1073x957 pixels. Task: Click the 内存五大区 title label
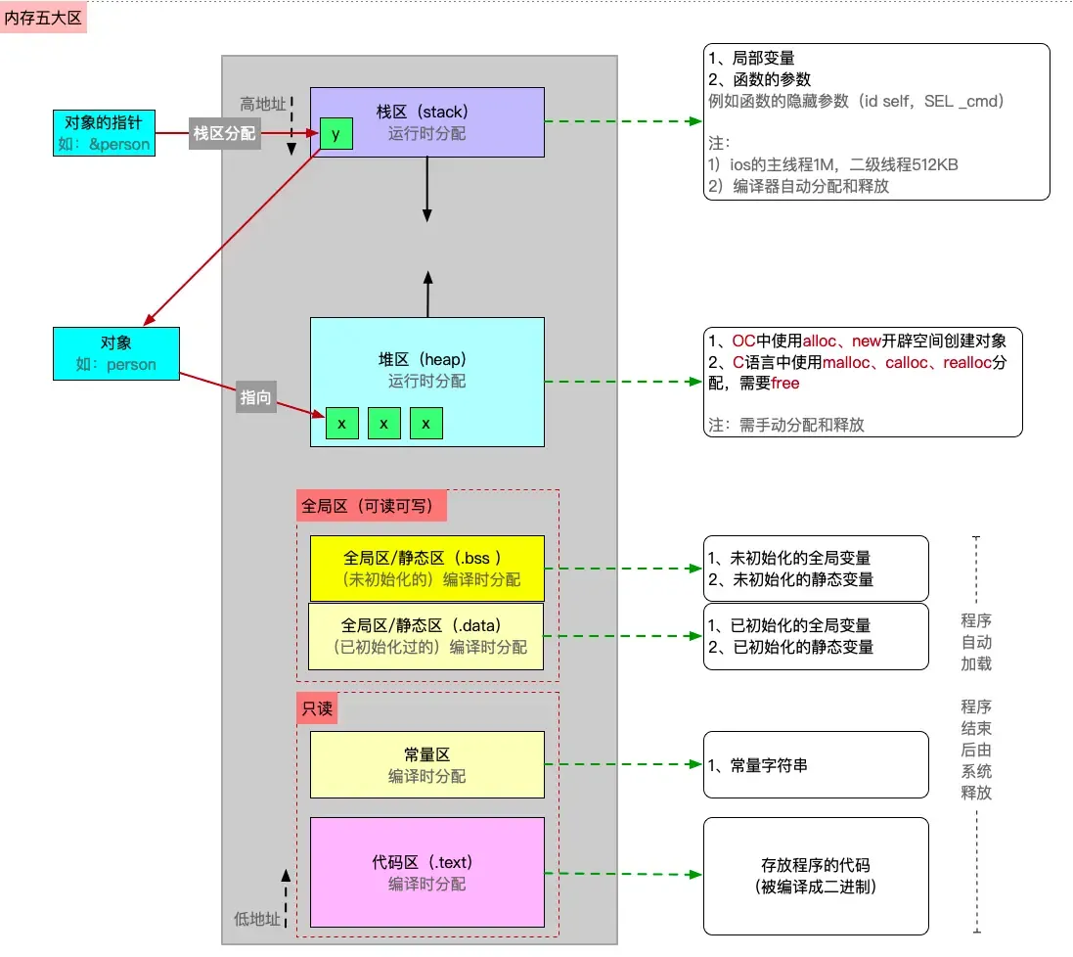tap(44, 17)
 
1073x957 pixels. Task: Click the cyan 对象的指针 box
tap(103, 133)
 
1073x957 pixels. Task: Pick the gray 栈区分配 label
tap(224, 133)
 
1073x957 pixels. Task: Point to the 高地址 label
tap(262, 104)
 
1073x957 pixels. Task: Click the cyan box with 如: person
tap(115, 354)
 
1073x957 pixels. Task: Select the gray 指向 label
tap(256, 398)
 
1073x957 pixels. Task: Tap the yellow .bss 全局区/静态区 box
tap(426, 568)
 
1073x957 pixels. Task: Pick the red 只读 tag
tap(317, 708)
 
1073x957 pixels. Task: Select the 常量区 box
tap(426, 764)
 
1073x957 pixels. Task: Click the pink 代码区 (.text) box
tap(426, 872)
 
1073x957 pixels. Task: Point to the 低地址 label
tap(256, 918)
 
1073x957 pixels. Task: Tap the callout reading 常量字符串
tap(815, 764)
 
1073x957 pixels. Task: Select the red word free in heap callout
tap(785, 384)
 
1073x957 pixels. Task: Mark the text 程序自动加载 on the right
tap(975, 642)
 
